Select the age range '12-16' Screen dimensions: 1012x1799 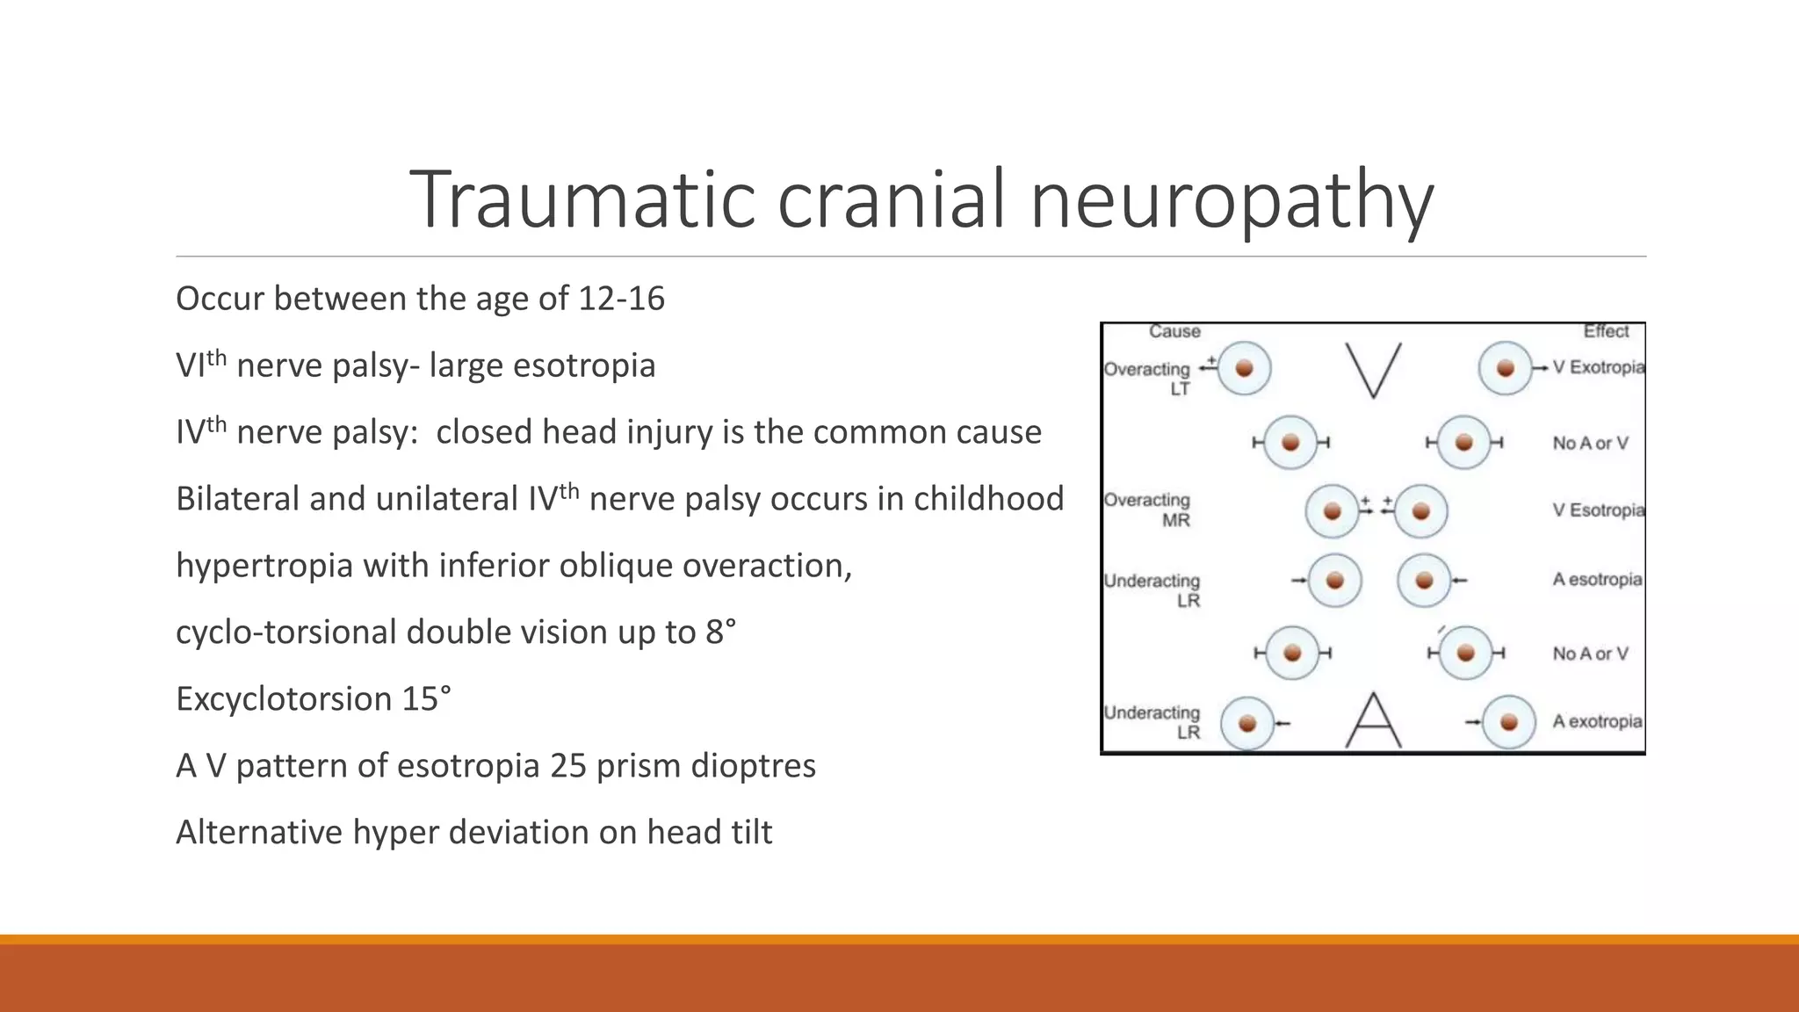point(621,299)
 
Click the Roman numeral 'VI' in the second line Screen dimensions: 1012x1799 point(190,366)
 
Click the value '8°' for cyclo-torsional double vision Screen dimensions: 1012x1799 point(720,632)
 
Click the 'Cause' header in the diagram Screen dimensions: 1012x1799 point(1174,332)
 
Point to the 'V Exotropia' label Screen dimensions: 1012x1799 point(1598,367)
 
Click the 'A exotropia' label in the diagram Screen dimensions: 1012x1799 point(1596,721)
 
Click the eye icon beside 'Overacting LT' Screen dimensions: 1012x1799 point(1244,369)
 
